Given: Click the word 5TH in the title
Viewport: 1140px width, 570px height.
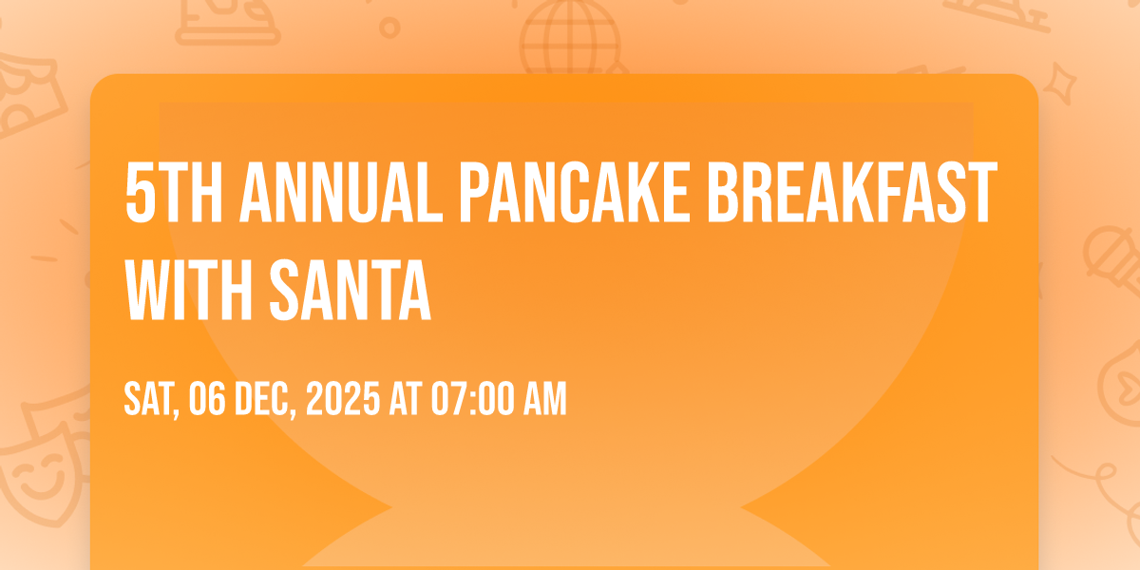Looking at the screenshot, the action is click(174, 192).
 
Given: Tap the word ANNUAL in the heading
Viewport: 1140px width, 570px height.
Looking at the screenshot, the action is click(341, 192).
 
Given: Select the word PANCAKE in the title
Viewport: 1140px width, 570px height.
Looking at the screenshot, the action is click(574, 192).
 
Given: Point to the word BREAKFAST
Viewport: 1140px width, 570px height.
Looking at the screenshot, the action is click(852, 192).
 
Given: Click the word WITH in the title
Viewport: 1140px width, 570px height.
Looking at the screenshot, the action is click(189, 290).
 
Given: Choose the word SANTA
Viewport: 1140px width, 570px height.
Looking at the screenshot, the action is click(351, 290).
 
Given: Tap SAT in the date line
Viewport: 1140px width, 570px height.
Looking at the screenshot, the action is click(151, 400).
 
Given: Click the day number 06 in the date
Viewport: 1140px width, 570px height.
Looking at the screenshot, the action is click(207, 399).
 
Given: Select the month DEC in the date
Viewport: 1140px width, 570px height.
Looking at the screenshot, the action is click(265, 400).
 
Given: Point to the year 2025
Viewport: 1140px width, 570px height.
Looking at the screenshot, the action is click(343, 399).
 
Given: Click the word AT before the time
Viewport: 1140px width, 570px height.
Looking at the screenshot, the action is click(406, 399).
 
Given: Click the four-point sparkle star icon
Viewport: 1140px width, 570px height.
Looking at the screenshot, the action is click(1059, 84).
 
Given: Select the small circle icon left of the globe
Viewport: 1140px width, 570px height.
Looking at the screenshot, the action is click(389, 28).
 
